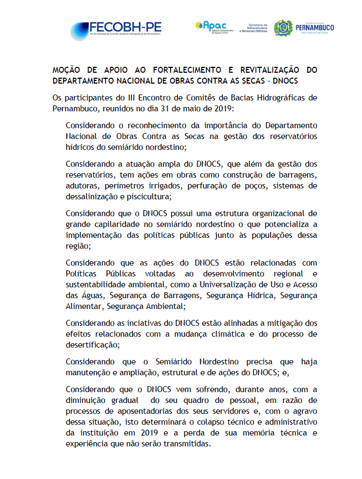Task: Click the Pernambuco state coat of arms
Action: (x=283, y=29)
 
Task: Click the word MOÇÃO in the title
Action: (x=68, y=71)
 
